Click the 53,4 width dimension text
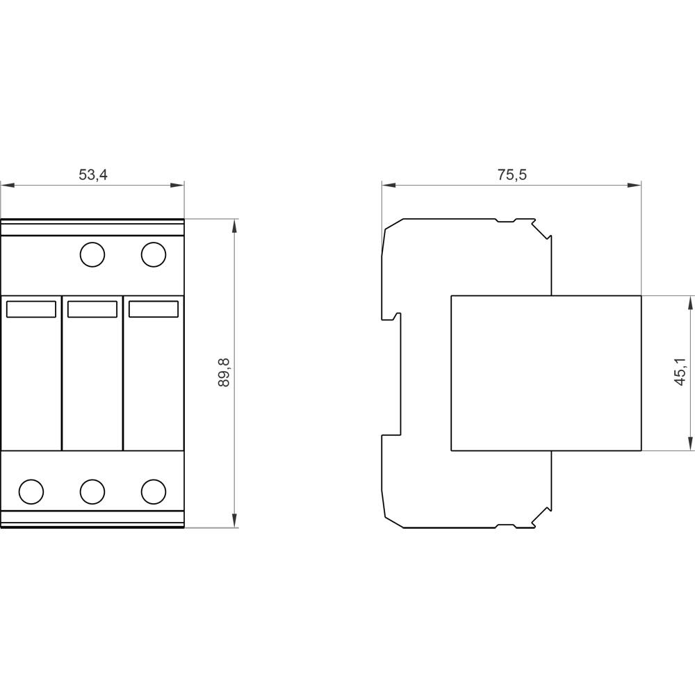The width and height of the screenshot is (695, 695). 93,174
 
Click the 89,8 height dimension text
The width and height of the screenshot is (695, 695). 224,373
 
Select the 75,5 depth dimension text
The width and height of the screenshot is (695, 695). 512,174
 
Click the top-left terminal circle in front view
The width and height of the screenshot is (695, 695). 92,254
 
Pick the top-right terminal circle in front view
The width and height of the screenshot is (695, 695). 154,254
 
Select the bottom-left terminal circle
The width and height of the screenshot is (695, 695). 31,491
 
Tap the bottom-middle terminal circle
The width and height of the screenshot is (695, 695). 92,491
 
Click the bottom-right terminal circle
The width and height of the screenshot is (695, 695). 154,491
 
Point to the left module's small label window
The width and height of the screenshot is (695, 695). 31,309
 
